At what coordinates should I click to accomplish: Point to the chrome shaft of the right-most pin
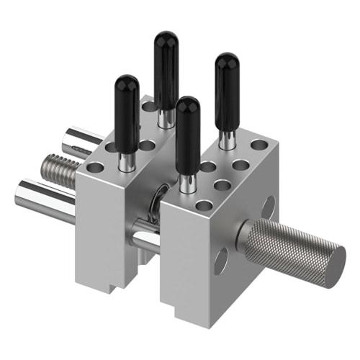[x=228, y=139]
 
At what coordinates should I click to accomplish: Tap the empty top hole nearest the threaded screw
[x=95, y=168]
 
